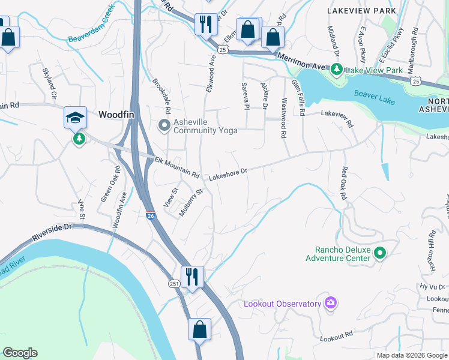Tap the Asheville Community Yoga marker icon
pyautogui.click(x=164, y=125)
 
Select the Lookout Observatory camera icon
pyautogui.click(x=330, y=303)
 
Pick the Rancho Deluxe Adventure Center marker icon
pyautogui.click(x=379, y=253)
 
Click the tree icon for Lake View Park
pyautogui.click(x=336, y=70)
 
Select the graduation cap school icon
pyautogui.click(x=76, y=118)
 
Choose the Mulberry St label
pyautogui.click(x=191, y=203)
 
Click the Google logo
pyautogui.click(x=20, y=353)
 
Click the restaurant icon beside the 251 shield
pyautogui.click(x=192, y=277)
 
